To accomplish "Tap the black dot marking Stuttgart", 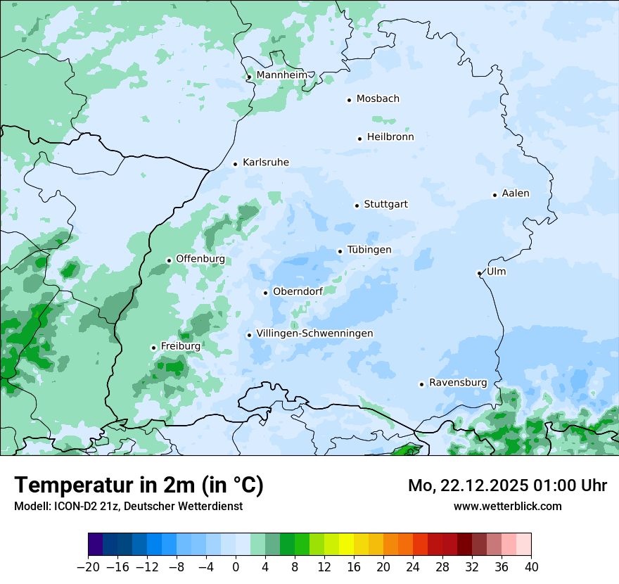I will click(x=357, y=205).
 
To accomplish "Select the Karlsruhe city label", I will click(x=265, y=163).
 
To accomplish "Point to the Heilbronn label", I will click(x=390, y=137).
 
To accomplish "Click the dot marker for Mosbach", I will click(x=349, y=100).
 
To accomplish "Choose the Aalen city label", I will click(x=515, y=193).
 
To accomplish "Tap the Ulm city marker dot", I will click(x=479, y=273).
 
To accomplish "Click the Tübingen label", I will click(x=369, y=250).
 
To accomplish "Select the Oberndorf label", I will click(x=298, y=291).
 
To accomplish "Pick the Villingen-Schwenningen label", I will click(x=314, y=334).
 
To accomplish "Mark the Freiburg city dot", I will click(x=153, y=348).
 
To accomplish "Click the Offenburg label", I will click(x=200, y=259).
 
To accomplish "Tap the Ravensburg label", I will click(x=458, y=383).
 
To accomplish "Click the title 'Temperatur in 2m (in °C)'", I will click(x=139, y=485).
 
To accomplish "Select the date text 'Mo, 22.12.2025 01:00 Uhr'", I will click(x=507, y=485).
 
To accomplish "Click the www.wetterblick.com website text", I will click(x=507, y=506).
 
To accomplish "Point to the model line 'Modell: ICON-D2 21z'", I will click(x=128, y=507).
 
